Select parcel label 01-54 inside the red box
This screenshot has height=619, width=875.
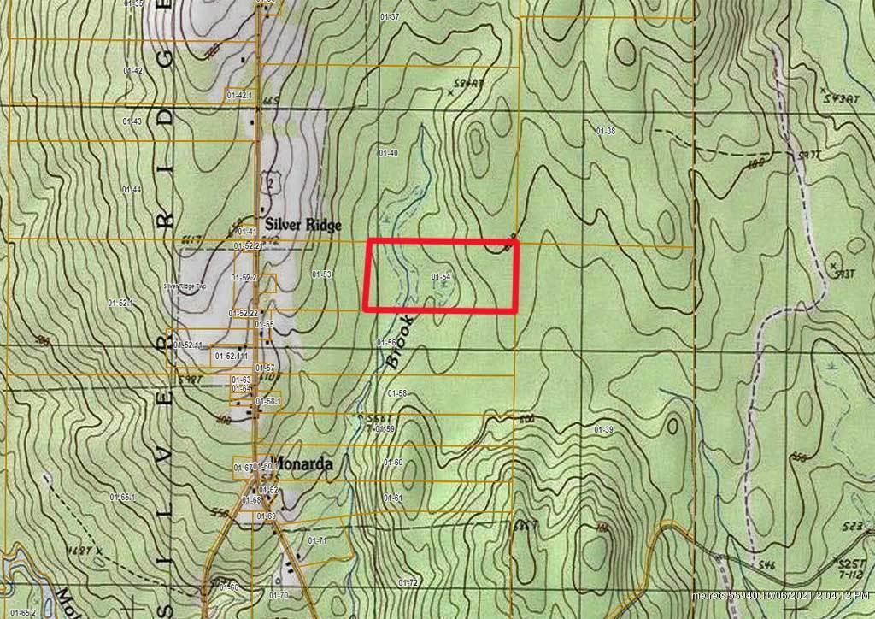pos(441,276)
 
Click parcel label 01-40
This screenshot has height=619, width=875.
pos(388,152)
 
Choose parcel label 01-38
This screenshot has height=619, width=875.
pos(605,131)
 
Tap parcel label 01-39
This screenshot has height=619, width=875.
pos(604,429)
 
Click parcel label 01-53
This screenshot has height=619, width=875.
pos(321,274)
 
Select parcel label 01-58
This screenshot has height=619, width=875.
pos(396,393)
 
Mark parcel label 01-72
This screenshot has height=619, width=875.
pos(408,583)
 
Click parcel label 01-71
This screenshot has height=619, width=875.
pos(317,540)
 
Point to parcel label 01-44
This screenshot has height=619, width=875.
pos(132,189)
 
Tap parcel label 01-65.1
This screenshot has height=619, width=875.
pos(122,496)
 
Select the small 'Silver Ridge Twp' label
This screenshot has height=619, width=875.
pos(185,286)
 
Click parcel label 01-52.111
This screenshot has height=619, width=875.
pos(232,355)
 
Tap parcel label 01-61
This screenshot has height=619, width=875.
pos(393,498)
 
